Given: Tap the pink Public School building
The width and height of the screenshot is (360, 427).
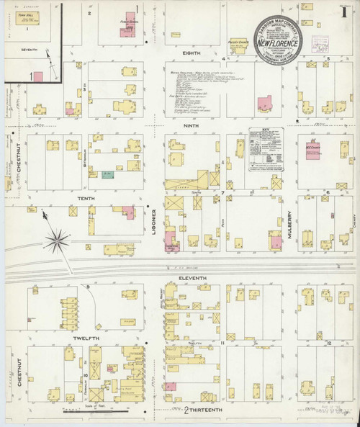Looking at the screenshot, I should pos(129,22).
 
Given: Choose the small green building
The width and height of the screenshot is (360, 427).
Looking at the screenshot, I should pos(107,174).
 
